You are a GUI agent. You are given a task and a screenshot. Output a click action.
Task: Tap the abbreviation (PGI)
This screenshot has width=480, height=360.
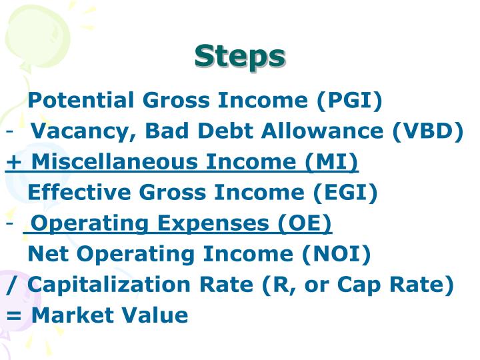tap(350, 101)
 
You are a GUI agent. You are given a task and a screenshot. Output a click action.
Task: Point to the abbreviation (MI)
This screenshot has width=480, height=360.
tap(333, 162)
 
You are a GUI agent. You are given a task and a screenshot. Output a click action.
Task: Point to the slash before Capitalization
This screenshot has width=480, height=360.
tap(11, 285)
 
